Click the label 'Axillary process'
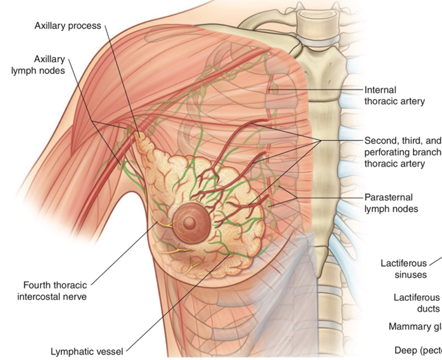pyautogui.click(x=67, y=26)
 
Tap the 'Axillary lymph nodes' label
pyautogui.click(x=39, y=65)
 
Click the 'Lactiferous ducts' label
pyautogui.click(x=415, y=302)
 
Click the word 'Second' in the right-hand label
pyautogui.click(x=382, y=141)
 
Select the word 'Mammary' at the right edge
pyautogui.click(x=412, y=326)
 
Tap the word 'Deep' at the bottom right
pyautogui.click(x=406, y=350)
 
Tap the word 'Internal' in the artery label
pyautogui.click(x=381, y=90)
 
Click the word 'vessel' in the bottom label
pyautogui.click(x=109, y=350)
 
